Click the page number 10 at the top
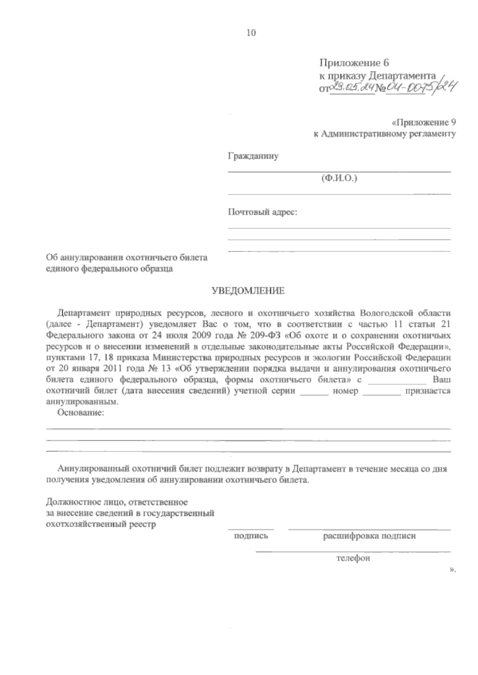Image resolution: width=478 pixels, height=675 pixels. (x=251, y=34)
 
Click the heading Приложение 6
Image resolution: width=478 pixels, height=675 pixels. (x=354, y=63)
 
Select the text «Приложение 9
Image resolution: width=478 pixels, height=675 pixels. (x=423, y=123)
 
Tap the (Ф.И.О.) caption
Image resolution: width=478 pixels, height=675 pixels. (x=339, y=179)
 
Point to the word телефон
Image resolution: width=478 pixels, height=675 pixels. (x=353, y=559)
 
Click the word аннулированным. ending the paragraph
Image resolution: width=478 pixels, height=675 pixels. (x=82, y=402)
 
